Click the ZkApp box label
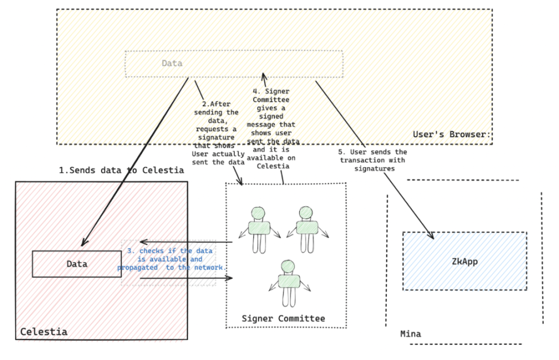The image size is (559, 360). pos(465,262)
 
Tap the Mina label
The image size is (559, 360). pos(410,334)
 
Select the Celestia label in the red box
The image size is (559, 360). pos(43,332)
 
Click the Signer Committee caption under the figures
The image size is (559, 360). pos(283,318)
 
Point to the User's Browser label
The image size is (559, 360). pos(452,135)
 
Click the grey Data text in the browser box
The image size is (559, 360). pos(172,63)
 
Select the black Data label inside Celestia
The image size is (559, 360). pos(77,264)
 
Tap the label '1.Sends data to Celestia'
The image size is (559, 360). pos(121,170)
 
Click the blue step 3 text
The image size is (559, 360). pos(172,259)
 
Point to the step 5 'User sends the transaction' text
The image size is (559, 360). pos(373,160)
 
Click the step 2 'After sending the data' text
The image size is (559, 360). pos(217,133)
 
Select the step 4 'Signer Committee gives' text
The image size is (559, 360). pos(272,128)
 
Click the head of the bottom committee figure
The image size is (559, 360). pos(288,267)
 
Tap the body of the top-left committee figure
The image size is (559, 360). pos(259,228)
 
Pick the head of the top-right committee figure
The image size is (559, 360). pos(305,213)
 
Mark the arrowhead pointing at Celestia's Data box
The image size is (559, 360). pos(84,242)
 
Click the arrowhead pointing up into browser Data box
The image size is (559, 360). pos(264,76)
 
